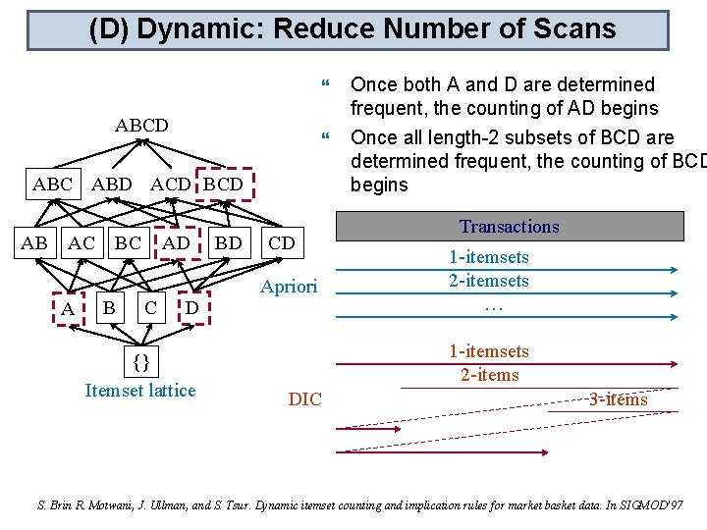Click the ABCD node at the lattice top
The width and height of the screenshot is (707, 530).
(x=141, y=126)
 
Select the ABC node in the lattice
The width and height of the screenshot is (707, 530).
(x=52, y=184)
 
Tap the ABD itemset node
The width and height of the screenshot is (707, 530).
(x=111, y=184)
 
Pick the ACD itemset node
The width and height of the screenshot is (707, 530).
(x=170, y=184)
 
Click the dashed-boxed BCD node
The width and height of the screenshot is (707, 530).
(x=224, y=184)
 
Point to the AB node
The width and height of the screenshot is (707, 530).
(x=35, y=242)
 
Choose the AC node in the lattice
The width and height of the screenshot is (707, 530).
(x=82, y=242)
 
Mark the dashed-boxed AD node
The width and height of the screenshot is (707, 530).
(x=177, y=242)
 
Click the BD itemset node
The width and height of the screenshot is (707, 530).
(x=228, y=242)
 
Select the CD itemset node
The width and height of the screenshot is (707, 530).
(x=281, y=242)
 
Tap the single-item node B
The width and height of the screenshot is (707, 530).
(x=110, y=308)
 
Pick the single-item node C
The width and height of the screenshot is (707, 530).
(x=149, y=308)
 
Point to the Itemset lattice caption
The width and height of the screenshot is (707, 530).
(x=140, y=391)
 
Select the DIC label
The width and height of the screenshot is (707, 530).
(x=304, y=399)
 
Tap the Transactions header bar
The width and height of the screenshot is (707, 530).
(x=509, y=227)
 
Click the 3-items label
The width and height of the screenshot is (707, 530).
(x=618, y=398)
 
